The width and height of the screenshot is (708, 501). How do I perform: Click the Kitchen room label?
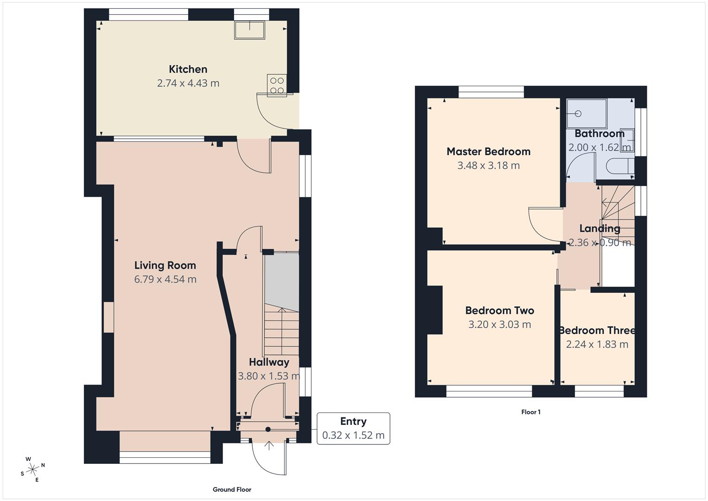(x=188, y=70)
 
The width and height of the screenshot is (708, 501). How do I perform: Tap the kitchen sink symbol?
(x=249, y=30)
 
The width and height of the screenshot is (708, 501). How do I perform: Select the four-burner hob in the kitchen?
(x=277, y=85)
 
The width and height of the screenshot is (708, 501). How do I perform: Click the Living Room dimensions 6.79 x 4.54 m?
(x=165, y=279)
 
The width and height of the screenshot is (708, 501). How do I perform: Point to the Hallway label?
(x=269, y=362)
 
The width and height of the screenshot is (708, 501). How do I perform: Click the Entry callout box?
(x=353, y=428)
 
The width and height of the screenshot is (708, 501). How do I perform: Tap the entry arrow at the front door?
(x=269, y=446)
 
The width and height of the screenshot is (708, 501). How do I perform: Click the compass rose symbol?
(x=32, y=469)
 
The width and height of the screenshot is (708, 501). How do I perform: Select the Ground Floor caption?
(x=232, y=489)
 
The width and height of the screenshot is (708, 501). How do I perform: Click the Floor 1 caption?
(x=531, y=412)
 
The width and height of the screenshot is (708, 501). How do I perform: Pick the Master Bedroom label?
(x=488, y=152)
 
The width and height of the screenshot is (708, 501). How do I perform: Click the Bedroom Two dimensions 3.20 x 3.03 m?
(x=499, y=325)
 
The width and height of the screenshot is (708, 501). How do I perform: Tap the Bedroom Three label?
(x=597, y=331)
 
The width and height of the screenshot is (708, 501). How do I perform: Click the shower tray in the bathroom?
(x=586, y=113)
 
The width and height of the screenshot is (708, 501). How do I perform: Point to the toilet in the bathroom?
(x=619, y=167)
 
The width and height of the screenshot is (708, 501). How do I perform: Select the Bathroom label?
(x=599, y=134)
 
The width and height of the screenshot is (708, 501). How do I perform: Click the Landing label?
(x=600, y=228)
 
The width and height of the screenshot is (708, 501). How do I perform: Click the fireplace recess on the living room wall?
(x=108, y=317)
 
